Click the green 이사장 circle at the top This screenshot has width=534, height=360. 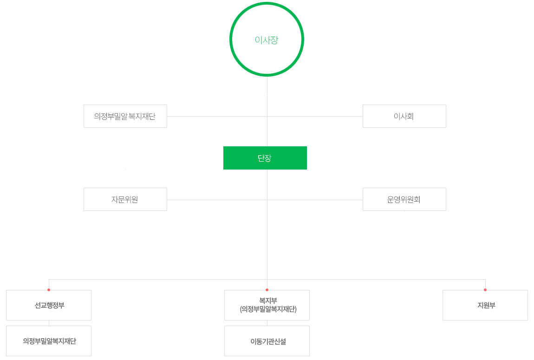(267, 39)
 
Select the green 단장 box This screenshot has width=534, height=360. (265, 158)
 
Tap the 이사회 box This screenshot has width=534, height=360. (404, 116)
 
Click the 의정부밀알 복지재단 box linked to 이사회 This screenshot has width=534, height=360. (125, 116)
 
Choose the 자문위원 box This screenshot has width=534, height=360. (125, 199)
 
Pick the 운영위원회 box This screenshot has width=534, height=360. (404, 199)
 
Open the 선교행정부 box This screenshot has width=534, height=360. (49, 305)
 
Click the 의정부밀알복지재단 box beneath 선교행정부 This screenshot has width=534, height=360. (49, 341)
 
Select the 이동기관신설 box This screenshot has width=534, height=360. (267, 341)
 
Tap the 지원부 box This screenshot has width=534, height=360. (485, 305)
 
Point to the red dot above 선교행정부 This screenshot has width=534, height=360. (49, 290)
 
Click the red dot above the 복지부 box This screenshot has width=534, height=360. (267, 290)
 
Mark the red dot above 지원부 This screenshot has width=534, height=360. (485, 290)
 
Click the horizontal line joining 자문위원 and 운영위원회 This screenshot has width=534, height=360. (218, 200)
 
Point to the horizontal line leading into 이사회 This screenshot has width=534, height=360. (316, 116)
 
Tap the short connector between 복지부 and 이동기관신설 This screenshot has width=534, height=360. (267, 323)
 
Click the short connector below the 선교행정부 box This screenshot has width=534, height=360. (49, 323)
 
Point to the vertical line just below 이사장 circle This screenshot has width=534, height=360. (267, 86)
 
